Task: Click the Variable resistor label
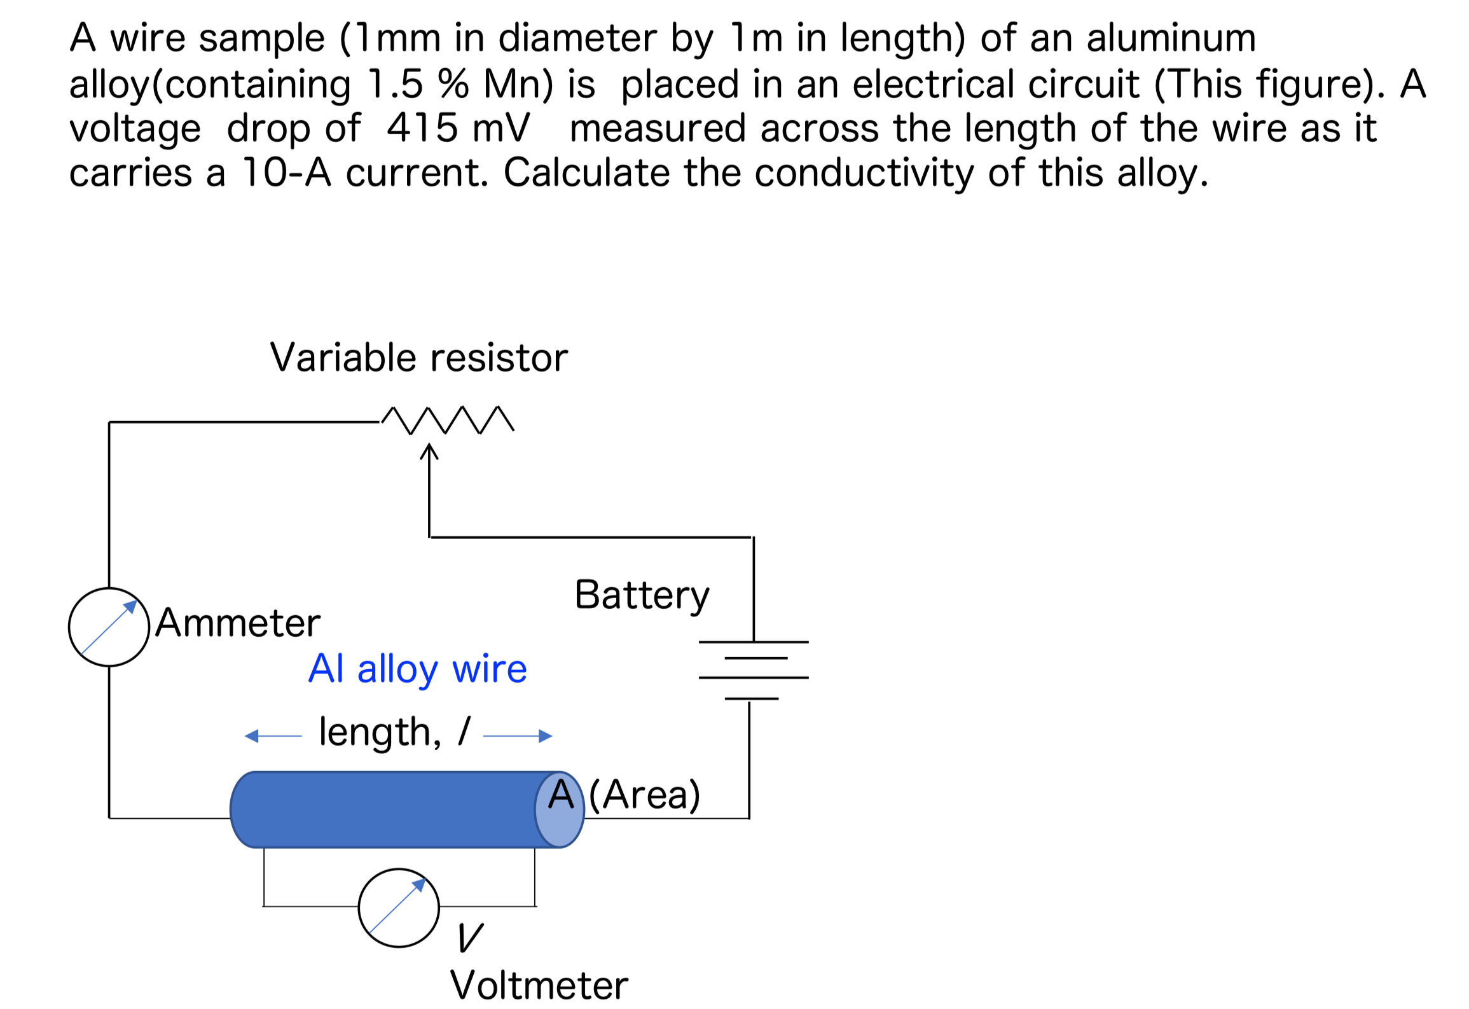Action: (418, 358)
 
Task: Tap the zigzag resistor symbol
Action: (448, 420)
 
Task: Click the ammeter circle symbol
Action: (109, 627)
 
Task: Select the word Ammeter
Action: (238, 623)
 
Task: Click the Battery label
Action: (642, 595)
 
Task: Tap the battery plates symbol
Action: (754, 669)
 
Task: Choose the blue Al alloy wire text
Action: (418, 669)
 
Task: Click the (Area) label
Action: (645, 795)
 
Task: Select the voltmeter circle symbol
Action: (399, 908)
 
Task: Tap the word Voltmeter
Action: (539, 985)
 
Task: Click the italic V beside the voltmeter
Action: (471, 937)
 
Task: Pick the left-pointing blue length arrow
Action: (272, 736)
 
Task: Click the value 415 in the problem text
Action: (422, 128)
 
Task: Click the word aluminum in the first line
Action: (1171, 38)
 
